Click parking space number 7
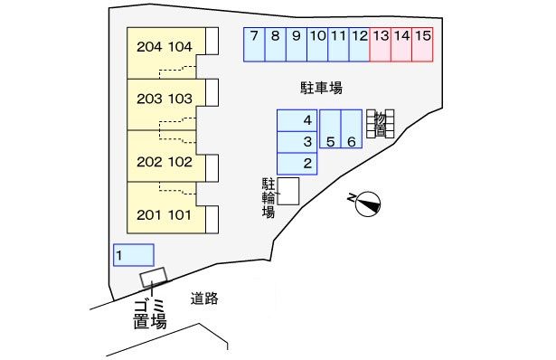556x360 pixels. click(x=255, y=44)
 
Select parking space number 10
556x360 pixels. click(x=317, y=44)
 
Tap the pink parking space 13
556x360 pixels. click(x=381, y=44)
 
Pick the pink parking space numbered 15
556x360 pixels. click(x=422, y=44)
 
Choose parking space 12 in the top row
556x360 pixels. click(x=359, y=44)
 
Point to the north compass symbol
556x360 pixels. click(x=366, y=204)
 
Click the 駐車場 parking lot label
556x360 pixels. click(x=321, y=88)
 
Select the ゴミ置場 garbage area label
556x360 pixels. click(x=149, y=314)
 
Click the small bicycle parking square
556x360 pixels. click(x=287, y=192)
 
